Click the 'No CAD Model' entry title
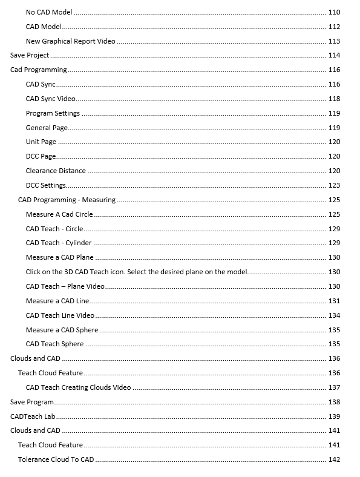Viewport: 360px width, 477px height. (49, 12)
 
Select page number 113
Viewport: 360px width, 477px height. (334, 41)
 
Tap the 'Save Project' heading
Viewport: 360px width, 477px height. (30, 56)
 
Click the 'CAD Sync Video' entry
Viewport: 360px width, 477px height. (51, 99)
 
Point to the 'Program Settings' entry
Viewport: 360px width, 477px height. (53, 113)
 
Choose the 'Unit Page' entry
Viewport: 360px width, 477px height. (41, 142)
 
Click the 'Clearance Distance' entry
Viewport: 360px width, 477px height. (56, 171)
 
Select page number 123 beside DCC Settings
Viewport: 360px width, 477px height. (334, 185)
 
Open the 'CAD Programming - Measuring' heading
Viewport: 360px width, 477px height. (67, 200)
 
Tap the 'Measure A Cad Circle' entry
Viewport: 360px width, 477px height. (59, 214)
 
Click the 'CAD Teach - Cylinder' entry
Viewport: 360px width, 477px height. (59, 243)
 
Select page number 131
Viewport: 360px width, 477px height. (334, 301)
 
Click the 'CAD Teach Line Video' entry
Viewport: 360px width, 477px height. (60, 315)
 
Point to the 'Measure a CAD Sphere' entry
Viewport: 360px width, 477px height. (62, 330)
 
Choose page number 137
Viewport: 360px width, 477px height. (334, 387)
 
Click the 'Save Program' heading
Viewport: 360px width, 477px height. (32, 402)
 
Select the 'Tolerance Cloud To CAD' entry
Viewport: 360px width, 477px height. (56, 459)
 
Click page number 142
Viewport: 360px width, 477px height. (334, 459)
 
